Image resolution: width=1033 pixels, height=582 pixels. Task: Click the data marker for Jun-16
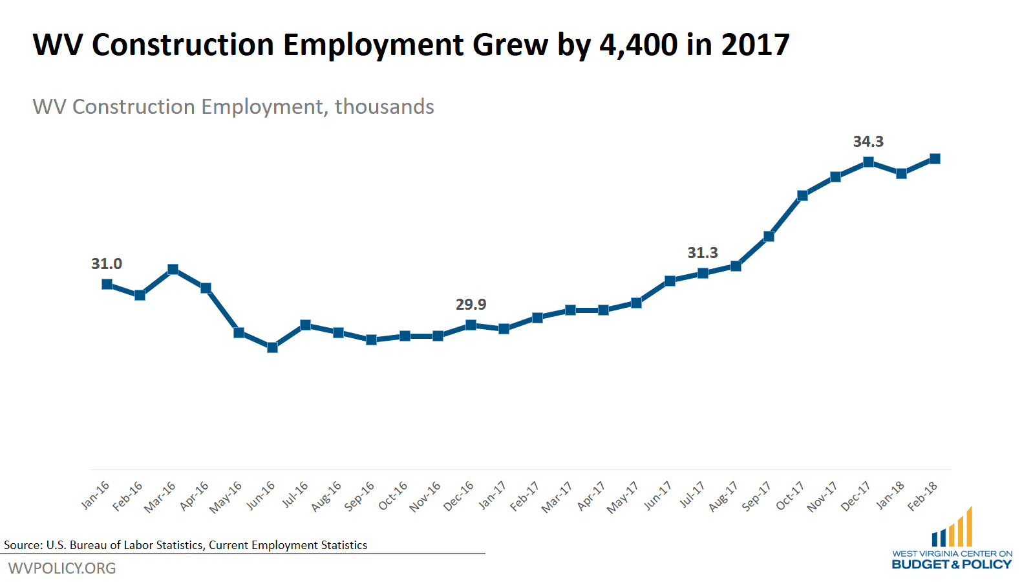pyautogui.click(x=272, y=347)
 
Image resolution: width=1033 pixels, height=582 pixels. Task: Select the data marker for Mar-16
pyautogui.click(x=173, y=269)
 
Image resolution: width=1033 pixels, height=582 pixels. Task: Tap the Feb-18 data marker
pyautogui.click(x=935, y=158)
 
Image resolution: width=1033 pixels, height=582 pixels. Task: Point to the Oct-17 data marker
pyautogui.click(x=802, y=195)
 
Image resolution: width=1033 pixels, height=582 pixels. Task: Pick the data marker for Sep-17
pyautogui.click(x=769, y=236)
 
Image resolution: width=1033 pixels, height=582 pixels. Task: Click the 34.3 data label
pyautogui.click(x=868, y=141)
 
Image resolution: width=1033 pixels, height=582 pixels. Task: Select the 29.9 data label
pyautogui.click(x=471, y=304)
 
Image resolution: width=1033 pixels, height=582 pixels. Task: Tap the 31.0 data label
pyautogui.click(x=107, y=263)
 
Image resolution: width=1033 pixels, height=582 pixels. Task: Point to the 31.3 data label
pyautogui.click(x=703, y=252)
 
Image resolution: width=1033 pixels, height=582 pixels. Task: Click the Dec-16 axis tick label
pyautogui.click(x=459, y=496)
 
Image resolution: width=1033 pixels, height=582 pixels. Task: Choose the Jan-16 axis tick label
pyautogui.click(x=96, y=495)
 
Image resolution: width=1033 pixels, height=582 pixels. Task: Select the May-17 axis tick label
pyautogui.click(x=623, y=497)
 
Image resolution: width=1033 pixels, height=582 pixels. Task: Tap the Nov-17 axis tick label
pyautogui.click(x=822, y=497)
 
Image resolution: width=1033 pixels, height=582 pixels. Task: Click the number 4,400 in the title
pyautogui.click(x=638, y=45)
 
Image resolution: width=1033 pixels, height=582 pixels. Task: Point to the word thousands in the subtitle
pyautogui.click(x=384, y=106)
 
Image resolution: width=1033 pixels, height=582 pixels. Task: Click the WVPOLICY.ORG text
pyautogui.click(x=62, y=568)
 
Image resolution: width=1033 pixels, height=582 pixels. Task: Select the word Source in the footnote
pyautogui.click(x=22, y=544)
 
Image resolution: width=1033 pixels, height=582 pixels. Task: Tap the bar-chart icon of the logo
pyautogui.click(x=952, y=528)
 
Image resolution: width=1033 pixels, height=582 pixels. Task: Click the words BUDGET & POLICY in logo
pyautogui.click(x=952, y=564)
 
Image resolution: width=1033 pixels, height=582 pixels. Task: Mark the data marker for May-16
pyautogui.click(x=239, y=332)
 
